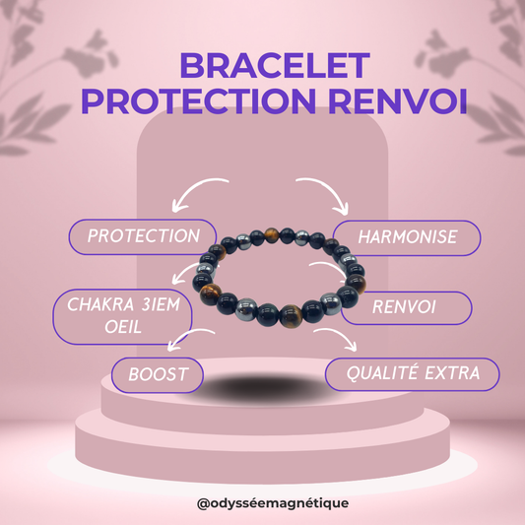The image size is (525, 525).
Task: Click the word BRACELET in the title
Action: click(x=263, y=68)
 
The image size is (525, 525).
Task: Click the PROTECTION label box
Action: click(x=141, y=237)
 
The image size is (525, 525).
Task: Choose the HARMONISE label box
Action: click(x=407, y=238)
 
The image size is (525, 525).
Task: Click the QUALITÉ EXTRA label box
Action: click(x=413, y=373)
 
